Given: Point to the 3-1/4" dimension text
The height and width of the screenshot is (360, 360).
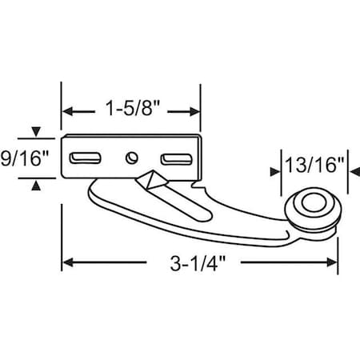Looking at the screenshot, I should [196, 262].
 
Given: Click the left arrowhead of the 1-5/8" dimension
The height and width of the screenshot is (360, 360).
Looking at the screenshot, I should [68, 110].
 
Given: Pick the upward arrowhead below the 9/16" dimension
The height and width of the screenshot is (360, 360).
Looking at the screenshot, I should [36, 186].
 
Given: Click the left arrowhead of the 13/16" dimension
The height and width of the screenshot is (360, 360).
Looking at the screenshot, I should [283, 166].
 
